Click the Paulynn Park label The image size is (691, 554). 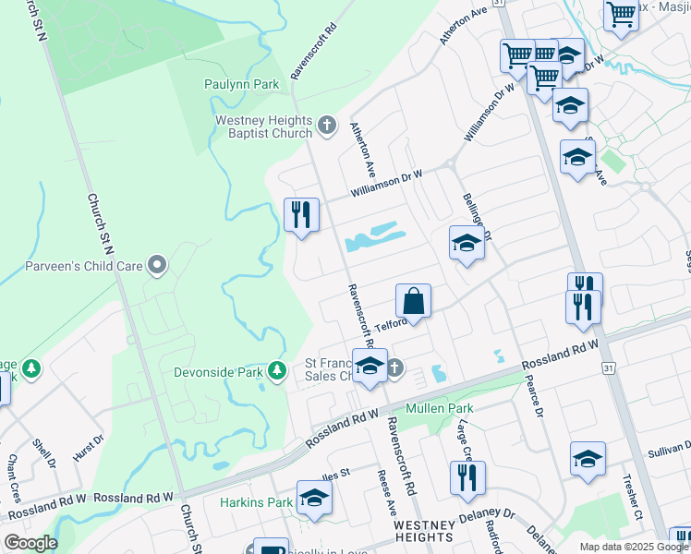(241, 84)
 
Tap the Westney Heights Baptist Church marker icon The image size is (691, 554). (326, 125)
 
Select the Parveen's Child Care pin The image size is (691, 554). (157, 266)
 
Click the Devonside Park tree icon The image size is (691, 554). (276, 371)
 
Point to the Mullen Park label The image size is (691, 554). (440, 408)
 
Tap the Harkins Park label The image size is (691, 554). (256, 502)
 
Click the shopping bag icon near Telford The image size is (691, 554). (413, 301)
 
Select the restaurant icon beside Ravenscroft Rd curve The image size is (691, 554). (301, 215)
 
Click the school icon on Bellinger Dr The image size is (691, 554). (467, 243)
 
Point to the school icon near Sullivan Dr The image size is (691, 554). (588, 459)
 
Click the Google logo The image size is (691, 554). (30, 543)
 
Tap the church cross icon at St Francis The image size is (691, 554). (394, 367)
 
